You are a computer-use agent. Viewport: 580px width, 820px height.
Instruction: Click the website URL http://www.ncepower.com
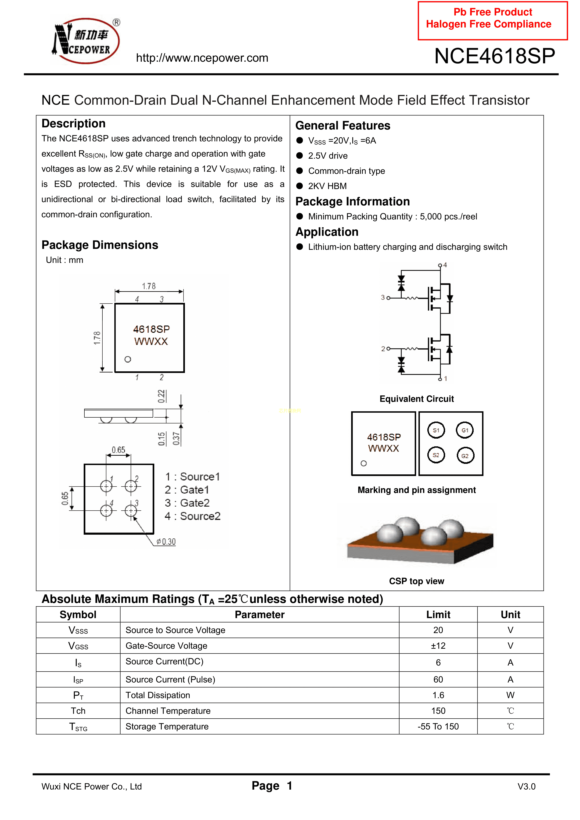[x=202, y=58]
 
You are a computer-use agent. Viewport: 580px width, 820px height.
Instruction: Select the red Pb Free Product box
[x=492, y=20]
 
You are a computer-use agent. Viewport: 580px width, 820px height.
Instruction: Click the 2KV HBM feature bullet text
[x=327, y=186]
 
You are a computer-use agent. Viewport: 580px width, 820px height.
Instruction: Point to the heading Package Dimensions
[x=100, y=245]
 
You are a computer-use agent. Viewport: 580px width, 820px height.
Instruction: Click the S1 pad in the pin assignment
[x=436, y=430]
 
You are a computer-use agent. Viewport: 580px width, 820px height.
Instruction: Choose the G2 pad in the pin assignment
[x=465, y=456]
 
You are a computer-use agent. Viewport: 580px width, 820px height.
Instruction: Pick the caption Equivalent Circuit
[x=416, y=399]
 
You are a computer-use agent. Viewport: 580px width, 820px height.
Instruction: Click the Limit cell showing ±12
[x=438, y=646]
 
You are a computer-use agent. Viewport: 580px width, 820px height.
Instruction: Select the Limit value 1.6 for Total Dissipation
[x=438, y=695]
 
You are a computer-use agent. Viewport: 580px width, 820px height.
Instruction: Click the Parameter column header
[x=259, y=615]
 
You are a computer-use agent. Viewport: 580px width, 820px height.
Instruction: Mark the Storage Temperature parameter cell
[x=167, y=727]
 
